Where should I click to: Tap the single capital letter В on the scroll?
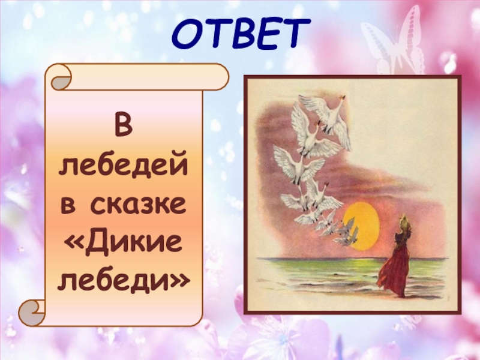click(123, 128)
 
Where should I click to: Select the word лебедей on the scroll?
click(123, 166)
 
